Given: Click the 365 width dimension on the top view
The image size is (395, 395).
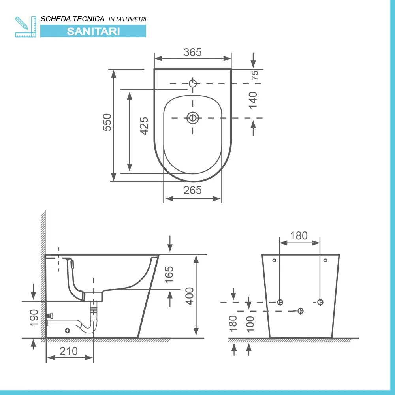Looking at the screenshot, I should click(x=193, y=52).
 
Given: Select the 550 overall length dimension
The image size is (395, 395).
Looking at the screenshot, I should click(x=107, y=122).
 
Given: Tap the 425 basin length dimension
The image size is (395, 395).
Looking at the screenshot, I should click(x=144, y=126).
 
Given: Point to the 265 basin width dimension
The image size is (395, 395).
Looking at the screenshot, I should click(x=192, y=190).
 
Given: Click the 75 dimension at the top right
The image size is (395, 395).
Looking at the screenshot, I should click(x=255, y=75).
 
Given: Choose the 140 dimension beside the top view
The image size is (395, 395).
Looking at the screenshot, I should click(x=253, y=100).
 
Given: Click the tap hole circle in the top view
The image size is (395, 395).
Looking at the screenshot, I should click(x=193, y=83).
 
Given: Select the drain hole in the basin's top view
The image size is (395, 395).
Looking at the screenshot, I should click(x=193, y=118).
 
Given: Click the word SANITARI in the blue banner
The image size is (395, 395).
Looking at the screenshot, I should click(x=93, y=31).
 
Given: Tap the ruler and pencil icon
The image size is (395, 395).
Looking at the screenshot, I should click(x=25, y=26).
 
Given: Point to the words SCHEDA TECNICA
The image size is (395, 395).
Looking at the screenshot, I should click(x=73, y=19).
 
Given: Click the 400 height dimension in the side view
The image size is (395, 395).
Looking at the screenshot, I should click(x=190, y=296).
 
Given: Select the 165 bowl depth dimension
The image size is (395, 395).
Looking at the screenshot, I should click(x=169, y=275).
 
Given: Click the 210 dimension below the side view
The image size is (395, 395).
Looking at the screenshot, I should click(x=69, y=350).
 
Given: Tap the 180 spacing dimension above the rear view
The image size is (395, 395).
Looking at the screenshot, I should click(x=299, y=236).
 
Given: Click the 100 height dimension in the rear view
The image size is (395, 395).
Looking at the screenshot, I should click(x=250, y=324).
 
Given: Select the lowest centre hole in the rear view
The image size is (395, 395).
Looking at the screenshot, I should click(x=300, y=311).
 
